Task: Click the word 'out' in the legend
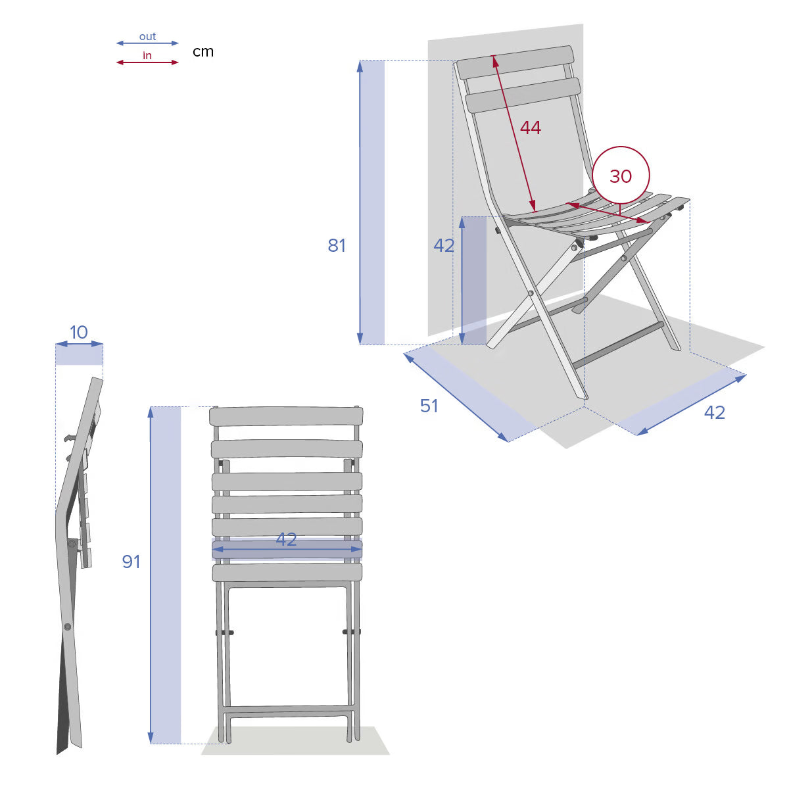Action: (147, 37)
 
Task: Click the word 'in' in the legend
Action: (147, 55)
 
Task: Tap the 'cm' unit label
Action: (203, 51)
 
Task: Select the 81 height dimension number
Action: (337, 246)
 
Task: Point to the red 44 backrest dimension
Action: (530, 128)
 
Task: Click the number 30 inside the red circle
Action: (620, 176)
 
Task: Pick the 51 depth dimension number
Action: (429, 406)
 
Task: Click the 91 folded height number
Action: (131, 562)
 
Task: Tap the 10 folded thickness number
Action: (79, 333)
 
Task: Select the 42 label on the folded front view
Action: (286, 540)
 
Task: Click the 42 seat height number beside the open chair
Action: (444, 246)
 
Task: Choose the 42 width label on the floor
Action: (715, 412)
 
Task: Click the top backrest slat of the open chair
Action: (515, 62)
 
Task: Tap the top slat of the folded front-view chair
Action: (286, 416)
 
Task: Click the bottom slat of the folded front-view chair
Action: (287, 573)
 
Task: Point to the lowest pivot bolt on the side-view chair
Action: (68, 627)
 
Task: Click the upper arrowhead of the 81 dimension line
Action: (360, 66)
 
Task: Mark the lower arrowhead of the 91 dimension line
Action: (151, 738)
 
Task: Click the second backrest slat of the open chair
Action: (523, 95)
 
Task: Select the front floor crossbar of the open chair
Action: (618, 345)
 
